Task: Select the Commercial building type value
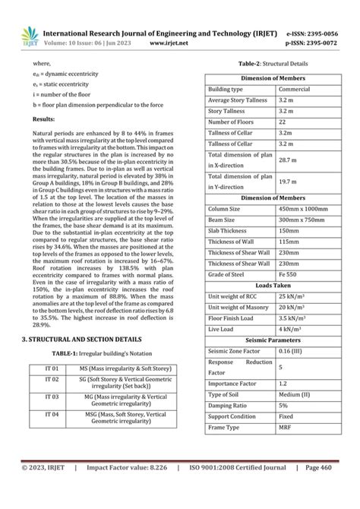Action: pos(294,90)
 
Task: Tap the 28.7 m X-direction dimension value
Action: pos(287,160)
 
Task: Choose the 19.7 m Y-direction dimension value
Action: pos(287,182)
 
